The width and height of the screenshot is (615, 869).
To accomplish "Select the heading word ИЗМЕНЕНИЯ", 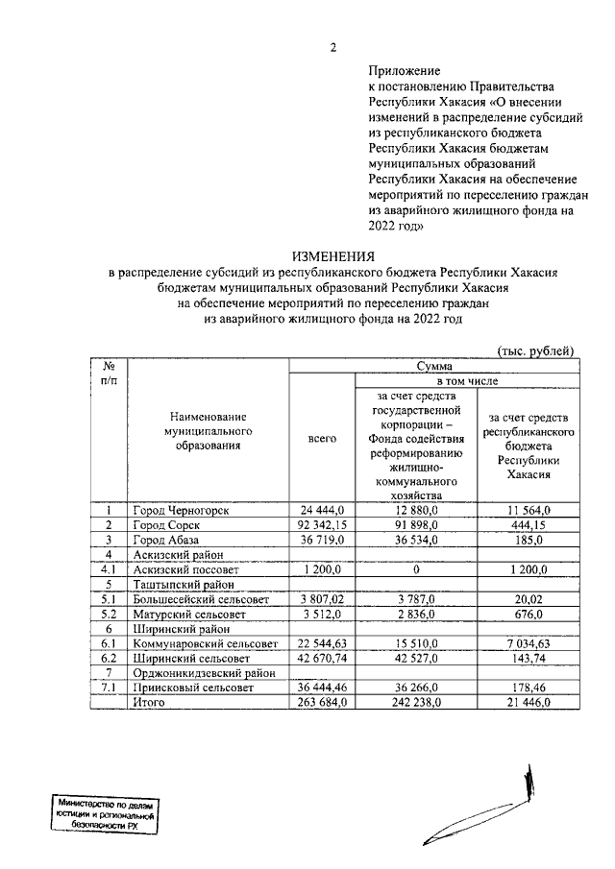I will tap(333, 256).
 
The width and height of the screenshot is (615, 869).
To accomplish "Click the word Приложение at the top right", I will tap(404, 70).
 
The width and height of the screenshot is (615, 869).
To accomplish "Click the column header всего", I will tap(322, 438).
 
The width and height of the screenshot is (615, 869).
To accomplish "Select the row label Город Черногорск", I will tap(181, 510).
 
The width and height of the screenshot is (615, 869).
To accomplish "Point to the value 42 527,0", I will tap(416, 659).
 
